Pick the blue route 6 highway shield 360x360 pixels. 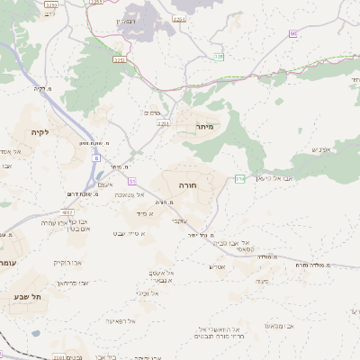click(94, 157)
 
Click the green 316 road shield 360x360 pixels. click(239, 178)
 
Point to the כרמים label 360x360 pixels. click(151, 112)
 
